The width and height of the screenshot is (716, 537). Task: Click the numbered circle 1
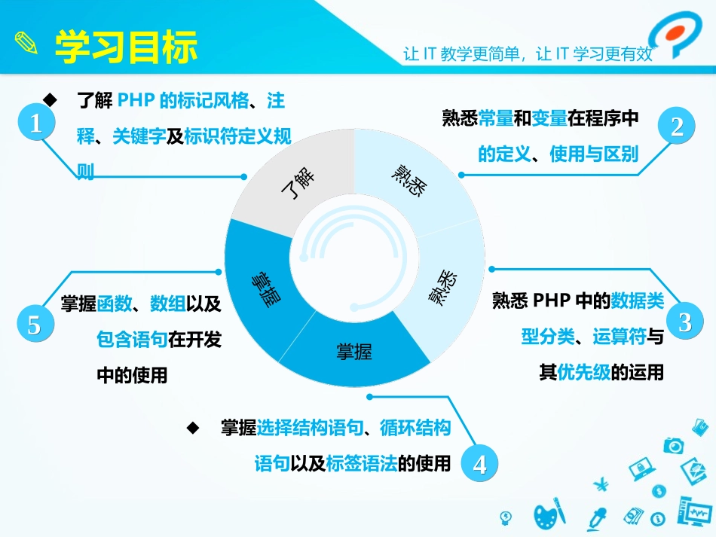coord(35,123)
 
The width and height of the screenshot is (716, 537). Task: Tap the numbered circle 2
coord(677,126)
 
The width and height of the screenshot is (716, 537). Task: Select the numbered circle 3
coord(684,322)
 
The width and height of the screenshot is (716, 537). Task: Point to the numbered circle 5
coord(34,325)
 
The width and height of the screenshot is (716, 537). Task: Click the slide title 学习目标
coord(127,47)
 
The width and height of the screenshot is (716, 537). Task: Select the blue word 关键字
coord(139,136)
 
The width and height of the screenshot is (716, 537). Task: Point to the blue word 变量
coord(549,118)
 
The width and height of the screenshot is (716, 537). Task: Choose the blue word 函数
coord(114,304)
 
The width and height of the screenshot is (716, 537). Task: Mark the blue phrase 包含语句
coord(132,340)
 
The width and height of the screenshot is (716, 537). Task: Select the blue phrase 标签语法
coord(361,463)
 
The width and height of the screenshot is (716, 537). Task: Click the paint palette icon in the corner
coord(549,515)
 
